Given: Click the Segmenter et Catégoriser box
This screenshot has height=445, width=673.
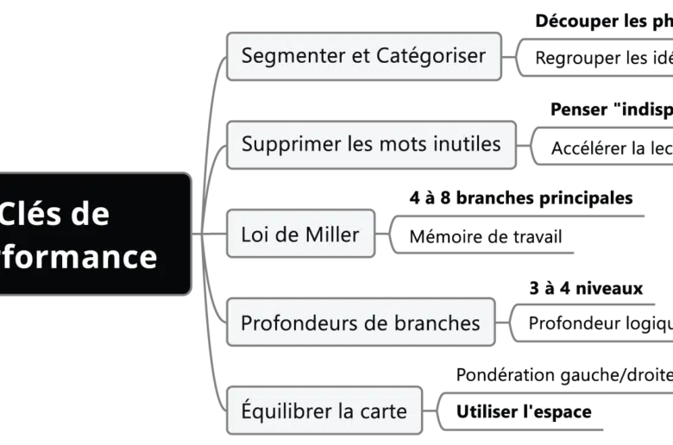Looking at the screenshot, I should point(363,56).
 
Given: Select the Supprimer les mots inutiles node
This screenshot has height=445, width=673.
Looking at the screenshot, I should point(371,144).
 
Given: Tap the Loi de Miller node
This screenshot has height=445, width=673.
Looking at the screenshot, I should point(300,234).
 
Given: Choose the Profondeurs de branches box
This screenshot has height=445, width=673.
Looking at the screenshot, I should point(360,323).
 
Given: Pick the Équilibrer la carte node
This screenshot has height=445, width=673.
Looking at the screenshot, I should point(324,411).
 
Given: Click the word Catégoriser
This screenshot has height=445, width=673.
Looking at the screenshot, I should point(431,56).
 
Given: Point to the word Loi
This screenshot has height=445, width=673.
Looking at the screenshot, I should point(255,234).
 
